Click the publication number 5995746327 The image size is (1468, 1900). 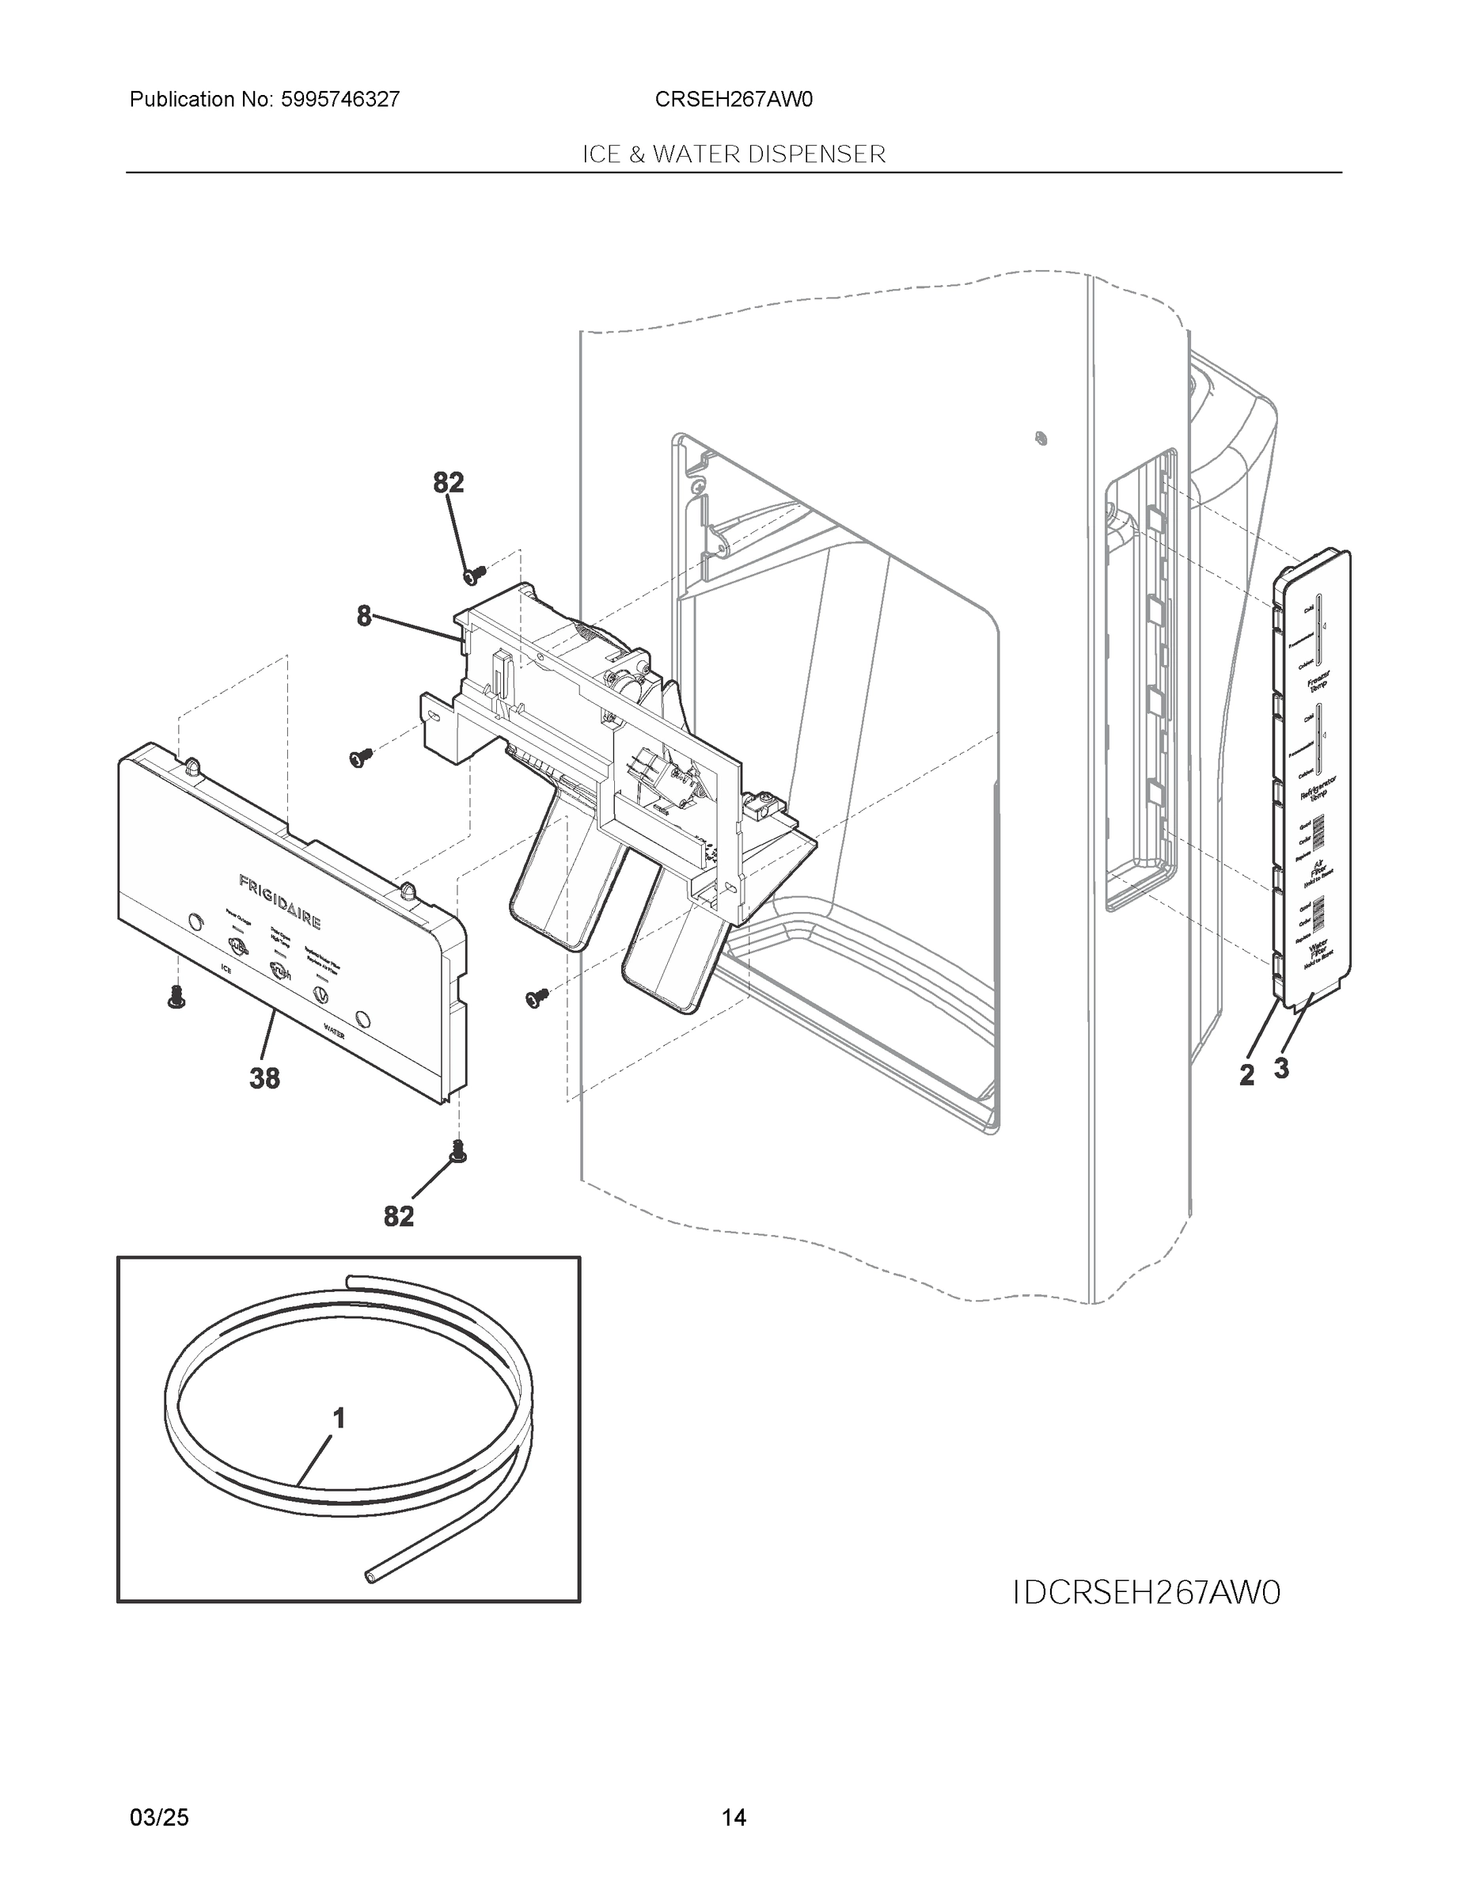tap(340, 100)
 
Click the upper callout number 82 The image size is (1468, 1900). tap(449, 482)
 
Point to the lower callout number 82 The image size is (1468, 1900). tap(399, 1216)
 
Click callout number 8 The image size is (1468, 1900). tap(363, 617)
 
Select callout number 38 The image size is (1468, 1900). tap(264, 1079)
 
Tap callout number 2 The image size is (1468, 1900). tap(1247, 1075)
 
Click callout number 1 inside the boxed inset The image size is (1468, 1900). tap(339, 1419)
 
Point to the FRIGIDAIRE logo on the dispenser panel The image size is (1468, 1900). tap(280, 902)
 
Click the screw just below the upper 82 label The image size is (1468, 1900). tap(474, 574)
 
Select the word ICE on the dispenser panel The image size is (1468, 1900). tap(226, 967)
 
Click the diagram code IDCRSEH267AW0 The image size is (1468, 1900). tap(1147, 1593)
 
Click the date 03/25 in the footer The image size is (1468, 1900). tap(159, 1818)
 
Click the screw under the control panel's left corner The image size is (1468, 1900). tap(176, 1000)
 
